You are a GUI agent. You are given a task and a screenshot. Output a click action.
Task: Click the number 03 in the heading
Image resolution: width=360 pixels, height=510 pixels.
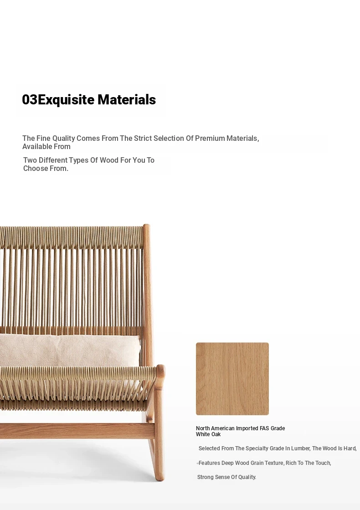tap(30, 99)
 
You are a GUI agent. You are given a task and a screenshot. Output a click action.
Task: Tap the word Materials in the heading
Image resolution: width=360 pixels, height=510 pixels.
tap(127, 99)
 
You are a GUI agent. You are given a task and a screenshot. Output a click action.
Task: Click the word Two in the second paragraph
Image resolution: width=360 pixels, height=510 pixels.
tap(30, 160)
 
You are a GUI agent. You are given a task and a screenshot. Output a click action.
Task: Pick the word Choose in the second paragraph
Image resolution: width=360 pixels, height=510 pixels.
tap(36, 169)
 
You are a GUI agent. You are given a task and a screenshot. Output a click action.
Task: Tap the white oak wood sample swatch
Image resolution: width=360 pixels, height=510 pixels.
tap(232, 379)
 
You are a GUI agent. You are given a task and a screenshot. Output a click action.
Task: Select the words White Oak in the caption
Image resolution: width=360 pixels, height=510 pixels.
tap(208, 434)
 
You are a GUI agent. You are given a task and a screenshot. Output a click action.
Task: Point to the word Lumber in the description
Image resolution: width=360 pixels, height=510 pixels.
tap(300, 448)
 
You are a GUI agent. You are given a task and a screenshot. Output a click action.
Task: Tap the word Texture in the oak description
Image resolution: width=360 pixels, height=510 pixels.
tap(273, 463)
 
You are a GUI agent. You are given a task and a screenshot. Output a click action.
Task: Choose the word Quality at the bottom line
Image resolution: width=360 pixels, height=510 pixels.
tap(247, 477)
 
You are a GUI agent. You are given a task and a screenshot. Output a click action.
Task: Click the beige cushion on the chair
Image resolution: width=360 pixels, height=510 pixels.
tap(70, 350)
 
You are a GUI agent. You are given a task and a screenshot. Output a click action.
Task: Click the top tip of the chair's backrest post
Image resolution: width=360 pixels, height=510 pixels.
tap(146, 225)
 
